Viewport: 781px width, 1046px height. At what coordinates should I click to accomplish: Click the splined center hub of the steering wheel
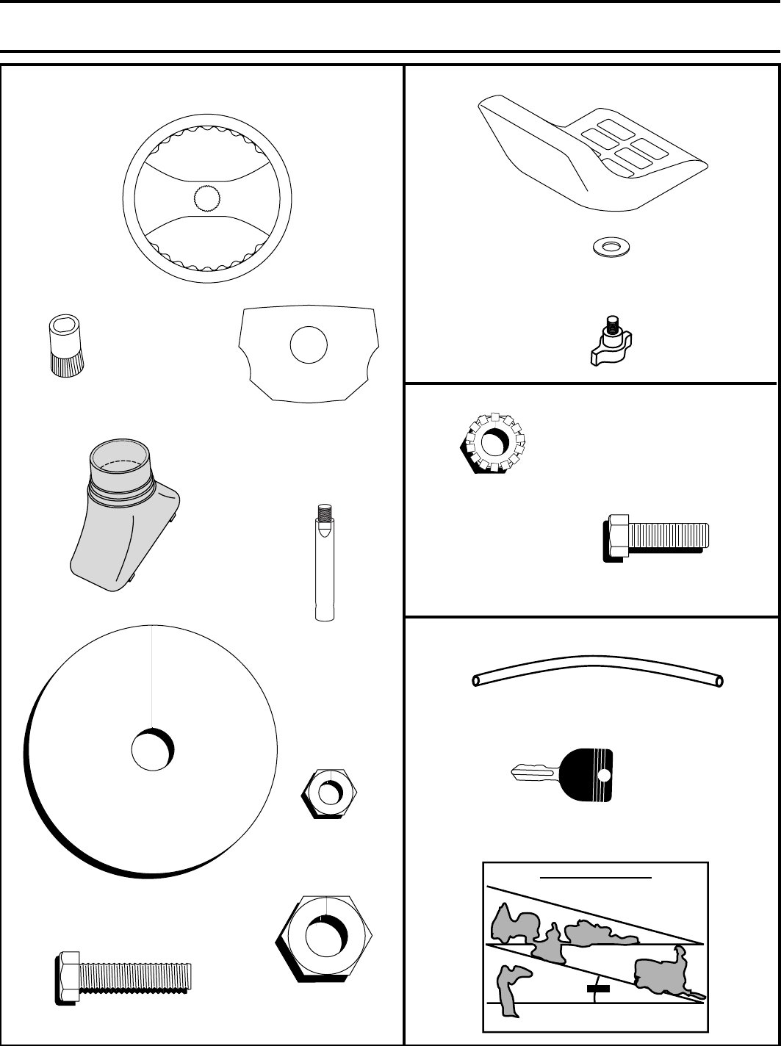point(207,197)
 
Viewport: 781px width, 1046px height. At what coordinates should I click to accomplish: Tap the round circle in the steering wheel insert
point(308,345)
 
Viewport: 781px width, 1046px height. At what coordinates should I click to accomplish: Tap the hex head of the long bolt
point(68,977)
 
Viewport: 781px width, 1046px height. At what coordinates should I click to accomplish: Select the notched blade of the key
point(534,772)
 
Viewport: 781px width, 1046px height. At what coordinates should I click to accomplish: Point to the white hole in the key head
point(603,776)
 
